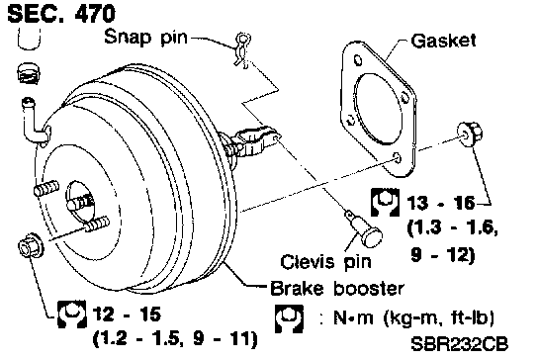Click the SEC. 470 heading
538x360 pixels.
click(x=61, y=14)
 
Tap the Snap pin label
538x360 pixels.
click(x=146, y=37)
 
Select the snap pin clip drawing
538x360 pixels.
click(x=243, y=49)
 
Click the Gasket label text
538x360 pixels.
click(x=444, y=41)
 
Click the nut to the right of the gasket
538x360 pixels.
click(x=470, y=135)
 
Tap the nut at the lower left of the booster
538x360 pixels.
click(x=31, y=245)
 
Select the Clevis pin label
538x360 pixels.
click(x=326, y=262)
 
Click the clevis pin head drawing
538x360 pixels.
click(x=372, y=236)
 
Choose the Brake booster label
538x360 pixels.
click(x=337, y=289)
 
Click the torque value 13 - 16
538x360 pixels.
click(x=441, y=203)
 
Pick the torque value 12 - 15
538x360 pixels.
click(x=127, y=315)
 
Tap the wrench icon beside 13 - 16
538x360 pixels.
click(x=386, y=202)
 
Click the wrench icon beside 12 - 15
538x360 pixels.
click(x=71, y=314)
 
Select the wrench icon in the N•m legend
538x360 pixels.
click(x=289, y=318)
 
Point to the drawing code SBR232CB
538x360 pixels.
click(x=460, y=344)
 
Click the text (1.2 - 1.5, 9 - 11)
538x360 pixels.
click(x=175, y=338)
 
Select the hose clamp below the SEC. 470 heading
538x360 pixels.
click(x=29, y=73)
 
